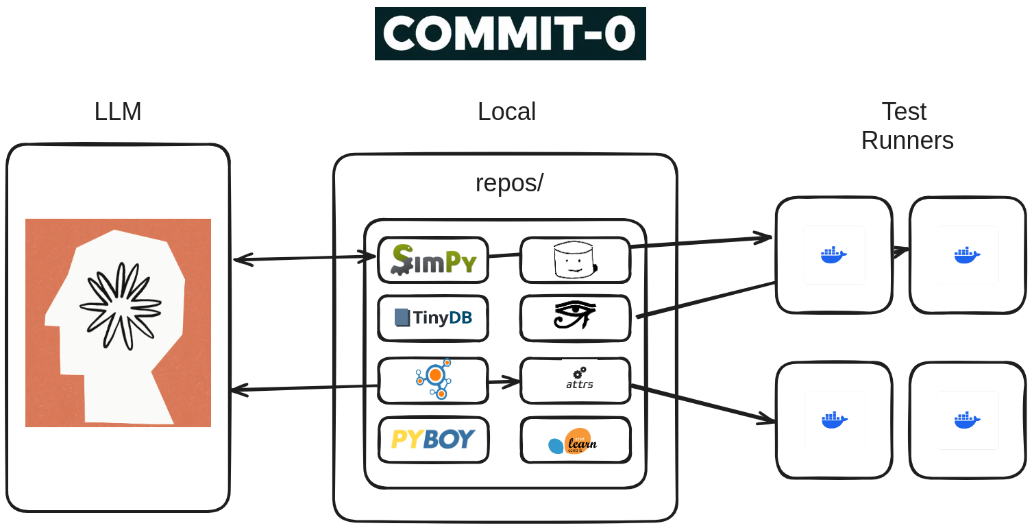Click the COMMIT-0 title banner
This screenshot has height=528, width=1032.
point(510,34)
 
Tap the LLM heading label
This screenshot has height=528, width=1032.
point(118,112)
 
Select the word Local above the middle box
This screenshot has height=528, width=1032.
point(506,112)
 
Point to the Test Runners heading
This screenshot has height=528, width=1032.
point(907,126)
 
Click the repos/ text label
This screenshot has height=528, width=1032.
point(509,183)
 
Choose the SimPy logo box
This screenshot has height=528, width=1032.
point(432,260)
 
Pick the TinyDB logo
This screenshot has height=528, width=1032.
point(432,318)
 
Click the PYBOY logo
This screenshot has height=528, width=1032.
point(433,440)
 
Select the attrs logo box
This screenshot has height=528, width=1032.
point(575,381)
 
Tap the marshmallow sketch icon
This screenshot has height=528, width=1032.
point(574,261)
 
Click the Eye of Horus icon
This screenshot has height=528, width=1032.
point(574,316)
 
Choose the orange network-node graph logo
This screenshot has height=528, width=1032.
point(434,379)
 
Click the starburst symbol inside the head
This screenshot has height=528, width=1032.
point(121,305)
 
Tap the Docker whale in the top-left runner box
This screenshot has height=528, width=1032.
point(833,254)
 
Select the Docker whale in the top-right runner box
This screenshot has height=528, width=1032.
point(967,254)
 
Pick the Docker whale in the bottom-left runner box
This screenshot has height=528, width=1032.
point(834,420)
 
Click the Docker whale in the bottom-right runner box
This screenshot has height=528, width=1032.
point(967,420)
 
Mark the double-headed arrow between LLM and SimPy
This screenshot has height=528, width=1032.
point(304,259)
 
